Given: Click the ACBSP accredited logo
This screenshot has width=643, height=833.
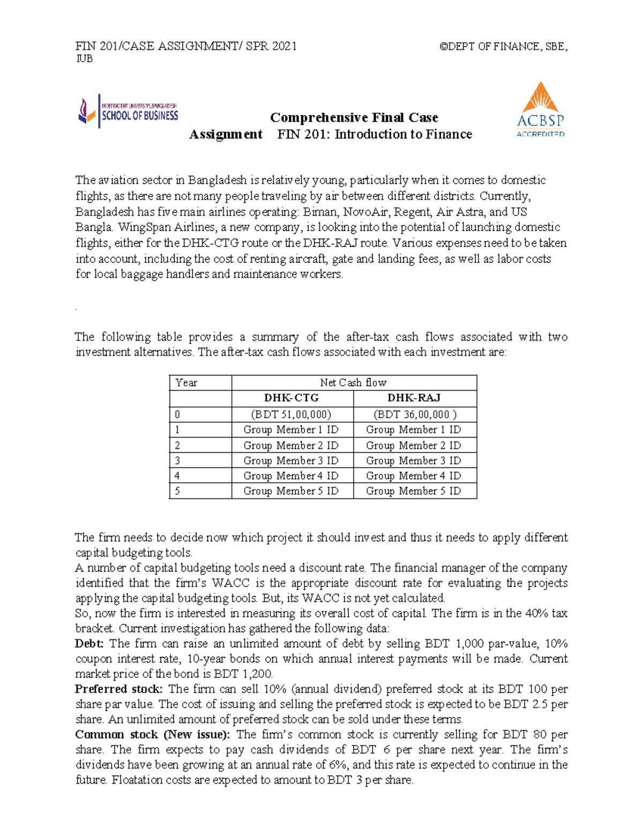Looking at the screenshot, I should click(x=540, y=109).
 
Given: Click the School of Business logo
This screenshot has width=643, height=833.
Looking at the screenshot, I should click(x=128, y=111).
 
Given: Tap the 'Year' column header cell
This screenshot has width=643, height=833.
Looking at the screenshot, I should click(x=200, y=382).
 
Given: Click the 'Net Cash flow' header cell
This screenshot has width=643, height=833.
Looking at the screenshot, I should click(x=354, y=382).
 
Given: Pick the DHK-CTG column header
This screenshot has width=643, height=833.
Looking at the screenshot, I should click(x=292, y=398).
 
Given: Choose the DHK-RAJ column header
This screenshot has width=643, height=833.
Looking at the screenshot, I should click(x=414, y=398).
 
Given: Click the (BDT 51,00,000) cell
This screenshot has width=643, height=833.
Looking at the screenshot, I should click(x=291, y=414).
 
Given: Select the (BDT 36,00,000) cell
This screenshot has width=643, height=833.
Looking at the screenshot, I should click(x=414, y=414).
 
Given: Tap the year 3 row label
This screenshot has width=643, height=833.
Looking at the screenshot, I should click(x=200, y=460).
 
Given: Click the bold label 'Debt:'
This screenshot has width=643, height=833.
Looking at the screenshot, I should click(x=89, y=644).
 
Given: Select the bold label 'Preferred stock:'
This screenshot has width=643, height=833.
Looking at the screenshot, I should click(x=118, y=689).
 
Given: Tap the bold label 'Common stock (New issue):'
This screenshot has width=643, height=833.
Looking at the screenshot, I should click(x=152, y=734).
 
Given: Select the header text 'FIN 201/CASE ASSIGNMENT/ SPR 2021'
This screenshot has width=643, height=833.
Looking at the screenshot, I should click(x=186, y=46).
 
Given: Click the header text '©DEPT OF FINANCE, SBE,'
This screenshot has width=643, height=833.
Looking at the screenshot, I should click(x=503, y=46).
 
